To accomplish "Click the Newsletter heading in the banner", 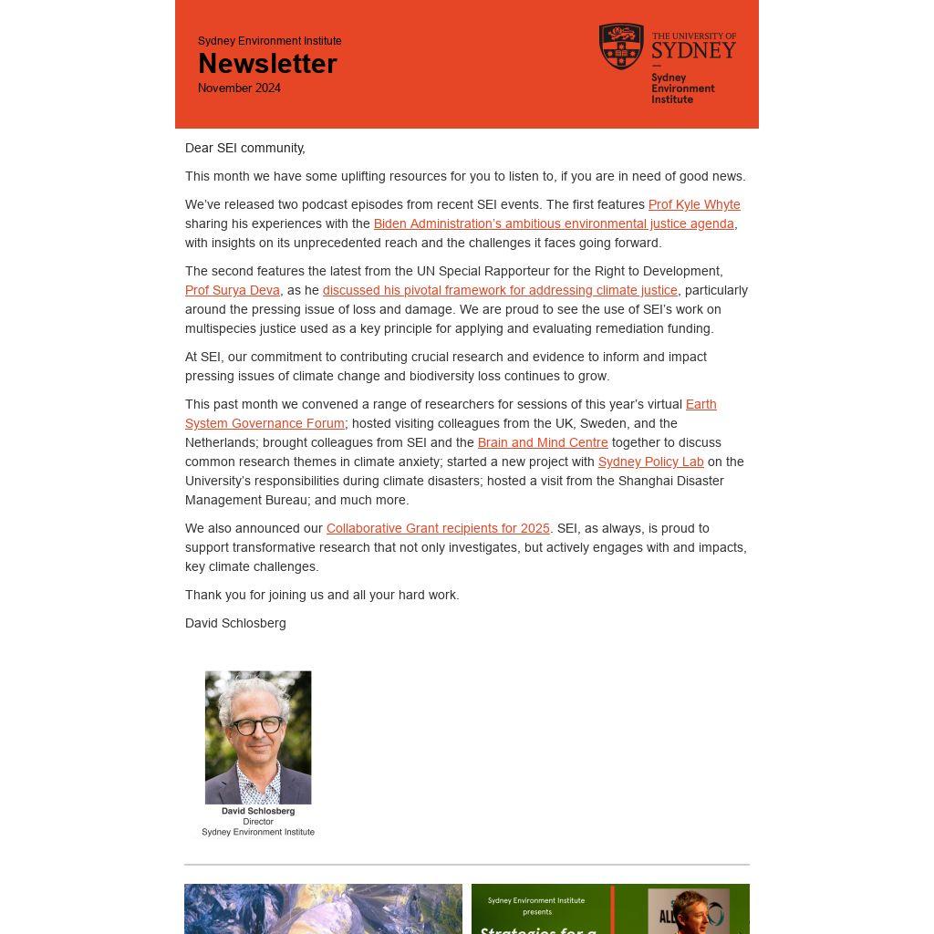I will [267, 64].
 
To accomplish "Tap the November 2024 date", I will [239, 88].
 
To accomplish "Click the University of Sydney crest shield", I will [621, 47].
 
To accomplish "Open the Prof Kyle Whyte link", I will [694, 204].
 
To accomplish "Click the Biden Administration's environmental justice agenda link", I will [554, 223].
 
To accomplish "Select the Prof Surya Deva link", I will [233, 290].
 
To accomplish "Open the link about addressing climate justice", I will [500, 290].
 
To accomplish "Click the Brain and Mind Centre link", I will [543, 442].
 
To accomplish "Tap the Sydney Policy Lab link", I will [650, 462].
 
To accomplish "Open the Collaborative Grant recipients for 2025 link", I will [438, 528].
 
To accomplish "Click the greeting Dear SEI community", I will [245, 148].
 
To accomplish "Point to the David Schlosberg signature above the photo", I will [235, 623].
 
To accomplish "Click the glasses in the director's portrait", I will [257, 726].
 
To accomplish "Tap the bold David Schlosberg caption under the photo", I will [258, 811].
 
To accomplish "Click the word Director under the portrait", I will [258, 822].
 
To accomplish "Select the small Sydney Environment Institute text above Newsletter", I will [270, 41].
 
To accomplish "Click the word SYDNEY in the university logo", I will [693, 50].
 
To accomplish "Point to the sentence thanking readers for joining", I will [322, 595].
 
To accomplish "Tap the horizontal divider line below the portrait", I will [467, 864].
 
